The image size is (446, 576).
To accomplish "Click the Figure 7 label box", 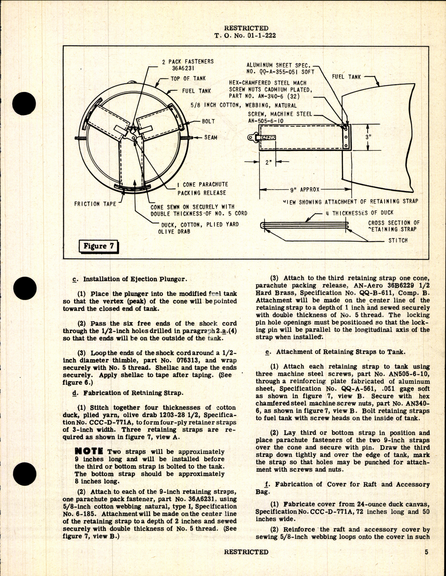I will coord(99,246).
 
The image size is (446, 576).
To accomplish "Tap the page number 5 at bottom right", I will coord(426,552).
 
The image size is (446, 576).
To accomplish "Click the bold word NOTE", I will coord(89,452).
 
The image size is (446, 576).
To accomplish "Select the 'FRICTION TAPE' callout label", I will coord(95,204).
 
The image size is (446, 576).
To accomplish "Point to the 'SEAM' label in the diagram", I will coord(211,137).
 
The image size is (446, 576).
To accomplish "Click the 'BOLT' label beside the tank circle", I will coord(208,121).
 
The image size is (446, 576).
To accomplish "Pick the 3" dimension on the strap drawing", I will coord(368,137).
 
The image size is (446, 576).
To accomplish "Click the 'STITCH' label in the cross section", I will coord(398,241).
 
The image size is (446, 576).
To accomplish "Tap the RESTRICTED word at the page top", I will coord(246,28).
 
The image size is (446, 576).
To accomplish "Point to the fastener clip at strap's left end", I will coord(255,138).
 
